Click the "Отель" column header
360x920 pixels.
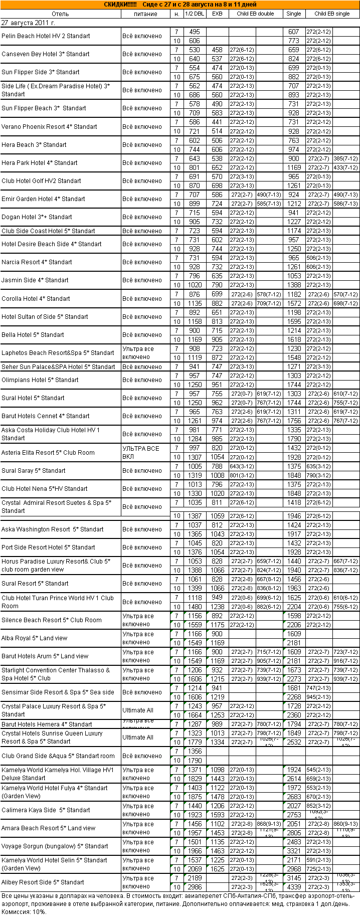(x=60, y=14)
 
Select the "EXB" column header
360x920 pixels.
(x=217, y=14)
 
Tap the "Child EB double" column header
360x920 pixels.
(x=255, y=14)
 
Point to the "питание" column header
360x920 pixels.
(x=145, y=14)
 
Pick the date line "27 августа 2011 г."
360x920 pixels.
(x=29, y=23)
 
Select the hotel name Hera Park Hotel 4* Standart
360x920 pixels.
(x=40, y=163)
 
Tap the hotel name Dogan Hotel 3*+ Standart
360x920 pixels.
(x=37, y=217)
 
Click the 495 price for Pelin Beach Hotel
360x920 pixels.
(x=195, y=32)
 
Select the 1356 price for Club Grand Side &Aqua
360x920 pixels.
(x=195, y=751)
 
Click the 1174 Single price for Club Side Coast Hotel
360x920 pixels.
(x=294, y=231)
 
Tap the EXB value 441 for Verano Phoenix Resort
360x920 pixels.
(x=217, y=122)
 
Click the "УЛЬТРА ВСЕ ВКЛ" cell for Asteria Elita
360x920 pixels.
(x=141, y=453)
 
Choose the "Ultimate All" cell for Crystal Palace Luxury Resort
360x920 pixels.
(x=138, y=710)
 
